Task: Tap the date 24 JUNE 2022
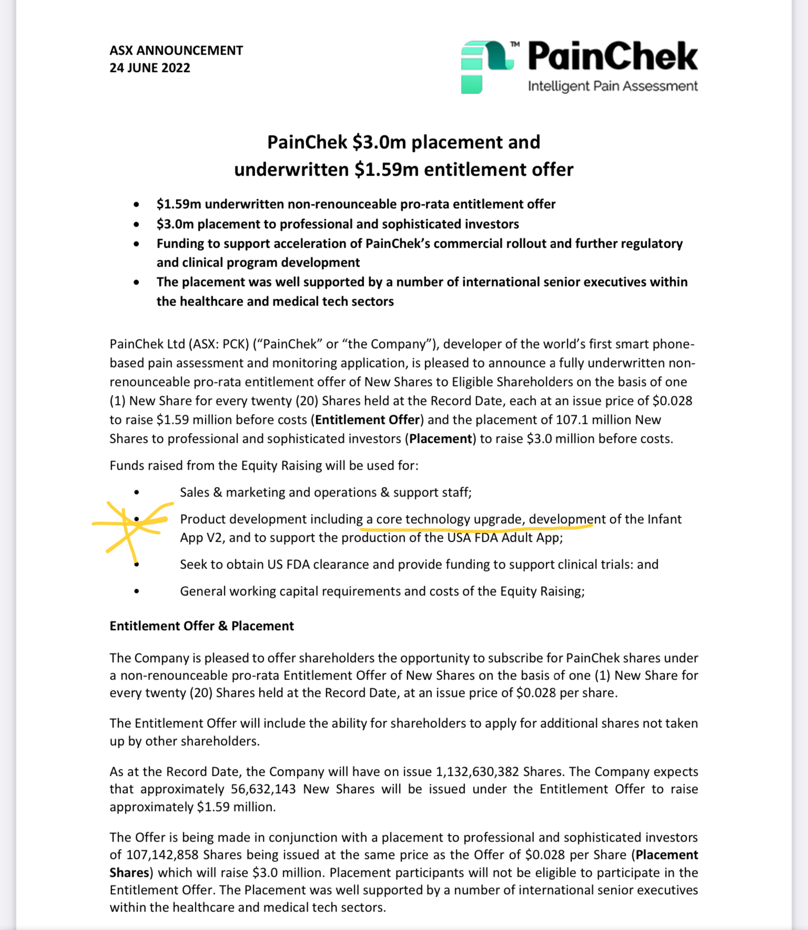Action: tap(149, 68)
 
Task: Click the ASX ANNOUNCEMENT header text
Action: tap(176, 50)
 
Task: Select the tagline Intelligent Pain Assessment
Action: tap(613, 86)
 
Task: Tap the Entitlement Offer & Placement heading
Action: tap(201, 626)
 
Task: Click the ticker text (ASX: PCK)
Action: tap(219, 344)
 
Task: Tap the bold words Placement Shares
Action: tap(666, 855)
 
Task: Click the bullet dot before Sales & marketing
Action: tap(137, 493)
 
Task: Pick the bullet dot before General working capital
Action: tap(137, 591)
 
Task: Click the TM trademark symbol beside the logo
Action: tap(515, 45)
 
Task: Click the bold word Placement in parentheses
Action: tap(441, 439)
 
